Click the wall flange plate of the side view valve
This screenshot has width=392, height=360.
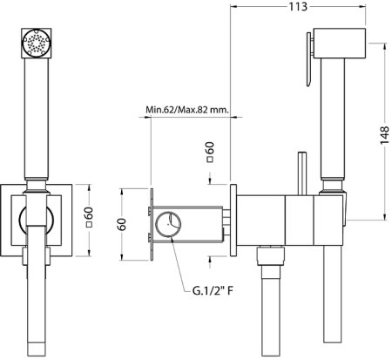pos(233,220)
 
